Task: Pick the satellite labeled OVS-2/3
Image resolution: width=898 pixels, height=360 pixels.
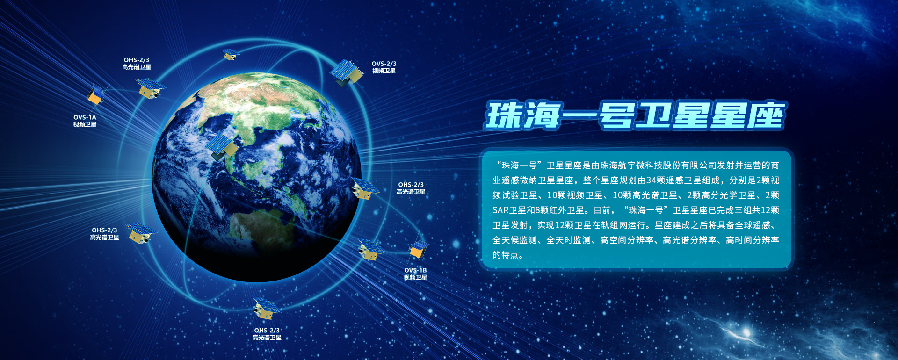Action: pos(347,72)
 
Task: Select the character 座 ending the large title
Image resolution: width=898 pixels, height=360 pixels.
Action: pos(765,115)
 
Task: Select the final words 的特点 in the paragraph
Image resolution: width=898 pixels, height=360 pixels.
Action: pos(506,255)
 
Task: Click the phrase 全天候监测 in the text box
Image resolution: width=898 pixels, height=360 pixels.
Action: pos(514,240)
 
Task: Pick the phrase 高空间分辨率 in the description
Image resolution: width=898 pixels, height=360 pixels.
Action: pos(627,240)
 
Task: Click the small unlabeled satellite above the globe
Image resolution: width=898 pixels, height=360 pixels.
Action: pos(230,54)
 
